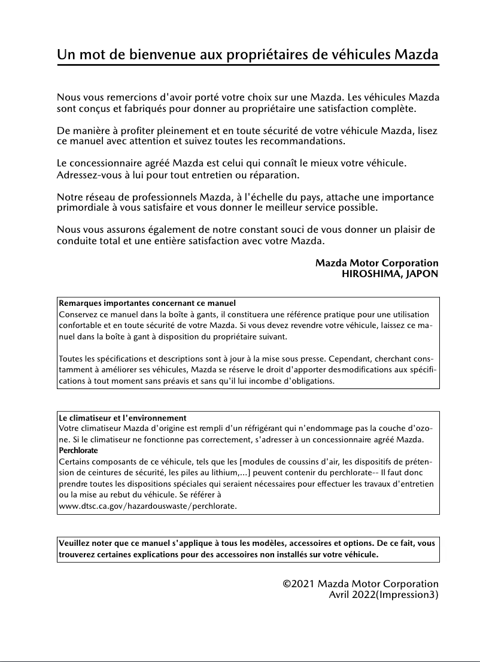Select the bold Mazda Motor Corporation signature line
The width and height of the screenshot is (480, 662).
pos(376,263)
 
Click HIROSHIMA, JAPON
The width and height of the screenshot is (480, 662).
pos(390,274)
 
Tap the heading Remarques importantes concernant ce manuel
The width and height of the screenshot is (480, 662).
pos(147,303)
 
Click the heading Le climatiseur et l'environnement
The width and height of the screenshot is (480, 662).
pos(123,418)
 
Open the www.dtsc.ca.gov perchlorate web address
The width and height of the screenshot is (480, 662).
pos(148,506)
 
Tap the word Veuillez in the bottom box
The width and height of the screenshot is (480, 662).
pos(74,543)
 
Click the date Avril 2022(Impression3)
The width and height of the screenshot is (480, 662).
pos(384,594)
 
